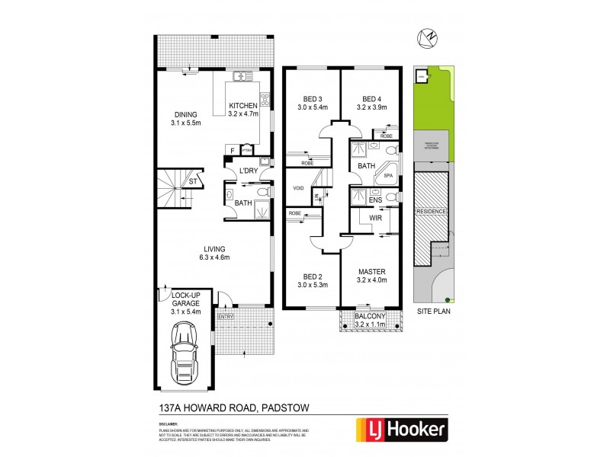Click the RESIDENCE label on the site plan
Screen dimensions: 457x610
tap(432, 211)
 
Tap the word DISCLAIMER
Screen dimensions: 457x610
tap(169, 423)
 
